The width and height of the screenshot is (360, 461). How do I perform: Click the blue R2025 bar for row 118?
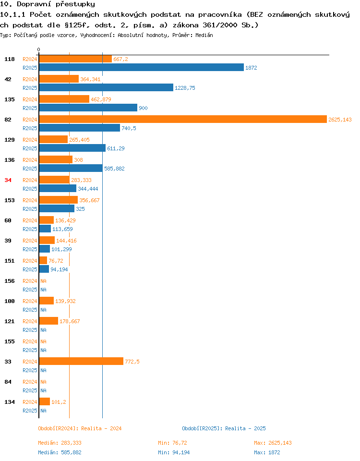(141, 68)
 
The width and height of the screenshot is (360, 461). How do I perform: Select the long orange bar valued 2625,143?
(183, 120)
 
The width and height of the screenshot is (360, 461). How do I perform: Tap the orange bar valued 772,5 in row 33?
(81, 361)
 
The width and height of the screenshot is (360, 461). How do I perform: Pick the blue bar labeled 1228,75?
(106, 87)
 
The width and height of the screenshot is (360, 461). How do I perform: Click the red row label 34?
(8, 180)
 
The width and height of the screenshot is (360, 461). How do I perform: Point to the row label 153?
(10, 200)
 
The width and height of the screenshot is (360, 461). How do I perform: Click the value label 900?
(143, 108)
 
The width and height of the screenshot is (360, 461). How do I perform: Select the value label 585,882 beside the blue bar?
(114, 169)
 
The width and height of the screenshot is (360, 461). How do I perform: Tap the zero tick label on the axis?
(38, 49)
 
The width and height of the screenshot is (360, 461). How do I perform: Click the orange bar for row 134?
(44, 401)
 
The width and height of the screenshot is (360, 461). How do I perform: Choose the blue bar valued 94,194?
(44, 269)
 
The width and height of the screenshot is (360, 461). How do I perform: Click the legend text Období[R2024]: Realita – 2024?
(80, 428)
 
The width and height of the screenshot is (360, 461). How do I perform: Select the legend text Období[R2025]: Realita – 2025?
(224, 428)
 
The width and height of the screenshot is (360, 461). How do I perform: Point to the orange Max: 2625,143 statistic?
(273, 443)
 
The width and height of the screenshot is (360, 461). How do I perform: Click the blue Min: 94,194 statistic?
(174, 452)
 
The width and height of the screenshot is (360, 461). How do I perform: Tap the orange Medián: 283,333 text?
(60, 443)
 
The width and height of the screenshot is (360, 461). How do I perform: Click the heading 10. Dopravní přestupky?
(48, 4)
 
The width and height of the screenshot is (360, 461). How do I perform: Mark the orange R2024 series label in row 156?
(30, 281)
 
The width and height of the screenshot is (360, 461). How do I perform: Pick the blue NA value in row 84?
(44, 390)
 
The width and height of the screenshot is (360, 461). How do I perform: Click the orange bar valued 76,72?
(43, 260)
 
